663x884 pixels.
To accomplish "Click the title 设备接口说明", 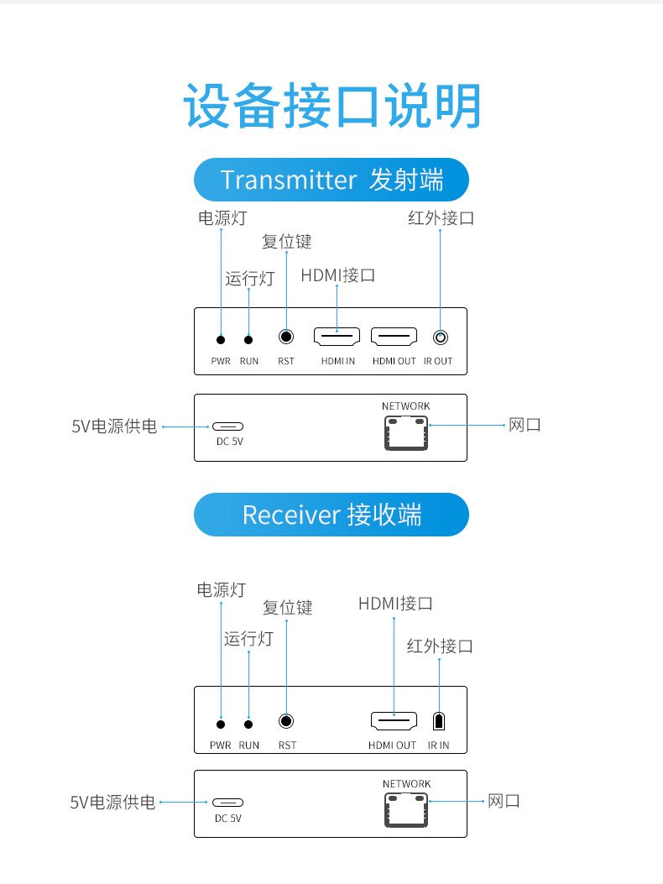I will click(x=332, y=107).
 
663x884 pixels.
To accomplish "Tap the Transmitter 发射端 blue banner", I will click(x=331, y=180).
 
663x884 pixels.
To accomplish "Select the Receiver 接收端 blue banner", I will click(x=331, y=514).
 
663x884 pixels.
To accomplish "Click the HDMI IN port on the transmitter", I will click(x=337, y=337).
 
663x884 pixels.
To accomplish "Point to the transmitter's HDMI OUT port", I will click(x=394, y=337).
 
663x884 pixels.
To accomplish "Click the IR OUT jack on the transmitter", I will click(x=440, y=337).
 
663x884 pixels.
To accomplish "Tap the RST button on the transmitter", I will click(x=286, y=337).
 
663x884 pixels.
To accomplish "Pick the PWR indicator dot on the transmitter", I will click(x=221, y=339).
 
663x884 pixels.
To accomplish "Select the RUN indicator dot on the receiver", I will click(x=248, y=724).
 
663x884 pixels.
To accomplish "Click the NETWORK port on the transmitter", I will click(x=406, y=432).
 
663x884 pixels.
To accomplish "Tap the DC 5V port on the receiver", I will click(x=227, y=803).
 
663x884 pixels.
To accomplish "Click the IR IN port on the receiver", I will click(x=438, y=721).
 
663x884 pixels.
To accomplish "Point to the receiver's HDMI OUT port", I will click(x=394, y=720).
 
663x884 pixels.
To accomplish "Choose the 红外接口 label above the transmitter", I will click(x=441, y=217).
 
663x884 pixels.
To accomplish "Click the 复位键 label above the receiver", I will click(x=287, y=607).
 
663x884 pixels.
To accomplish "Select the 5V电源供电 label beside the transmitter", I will click(x=114, y=426).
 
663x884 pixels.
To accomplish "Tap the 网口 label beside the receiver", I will click(x=504, y=801).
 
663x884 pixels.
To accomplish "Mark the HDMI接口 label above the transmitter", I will click(x=337, y=275).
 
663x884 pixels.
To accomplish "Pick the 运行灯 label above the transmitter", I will click(x=249, y=279).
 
